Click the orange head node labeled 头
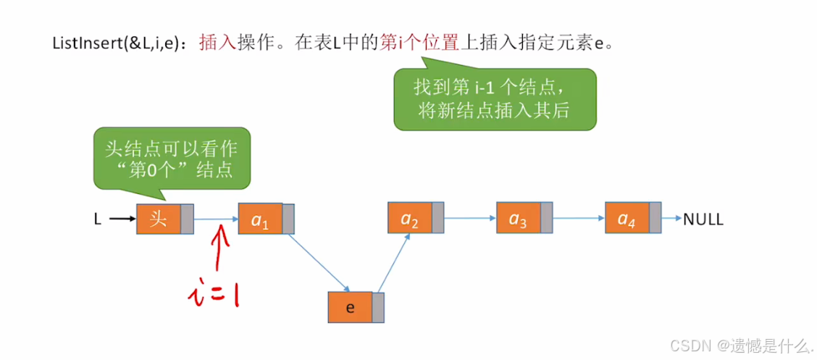point(158,219)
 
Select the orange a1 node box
point(260,219)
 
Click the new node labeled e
point(350,308)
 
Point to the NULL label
point(703,219)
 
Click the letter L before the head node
point(97,219)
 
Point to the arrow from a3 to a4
point(577,217)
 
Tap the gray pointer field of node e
point(378,308)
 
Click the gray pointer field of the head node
point(187,219)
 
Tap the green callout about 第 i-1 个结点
point(495,99)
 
